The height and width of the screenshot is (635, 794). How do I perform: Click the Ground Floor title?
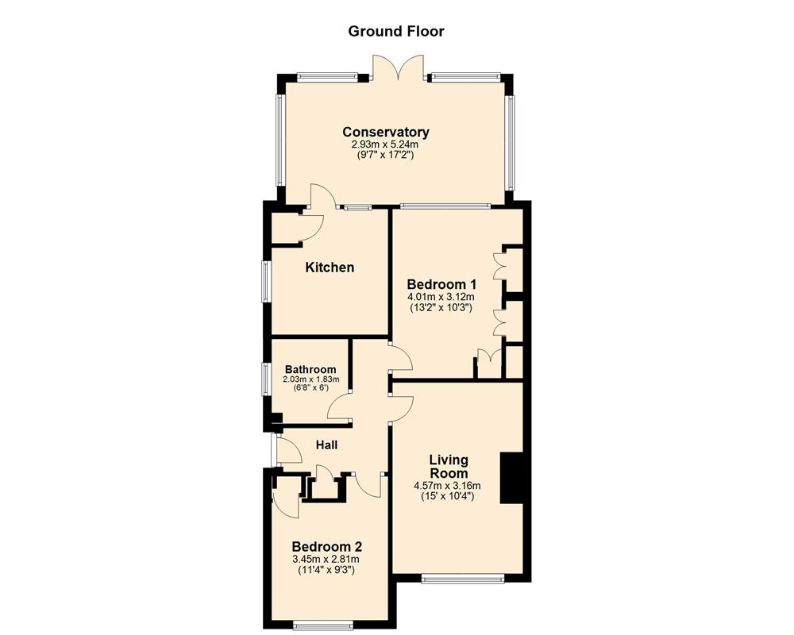coord(396,32)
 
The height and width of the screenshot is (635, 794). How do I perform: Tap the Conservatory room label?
coord(386,133)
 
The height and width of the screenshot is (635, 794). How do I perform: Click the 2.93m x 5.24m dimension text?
coord(385,144)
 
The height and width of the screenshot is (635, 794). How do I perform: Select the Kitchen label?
coord(330,267)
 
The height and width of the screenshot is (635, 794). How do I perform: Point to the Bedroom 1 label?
coord(441,285)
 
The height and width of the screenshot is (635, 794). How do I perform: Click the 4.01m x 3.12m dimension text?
coord(441,297)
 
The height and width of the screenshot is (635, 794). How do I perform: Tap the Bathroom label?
coord(310,370)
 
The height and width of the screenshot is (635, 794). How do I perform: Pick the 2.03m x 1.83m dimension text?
coord(311,379)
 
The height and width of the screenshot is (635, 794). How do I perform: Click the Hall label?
coord(326,445)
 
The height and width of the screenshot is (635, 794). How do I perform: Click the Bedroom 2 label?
coord(327,547)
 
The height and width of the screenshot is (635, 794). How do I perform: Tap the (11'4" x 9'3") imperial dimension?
coord(326,570)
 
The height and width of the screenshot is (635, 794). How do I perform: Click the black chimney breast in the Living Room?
coord(511,478)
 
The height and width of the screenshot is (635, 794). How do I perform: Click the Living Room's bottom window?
coord(464,579)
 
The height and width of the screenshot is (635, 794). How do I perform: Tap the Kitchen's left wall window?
coord(266,282)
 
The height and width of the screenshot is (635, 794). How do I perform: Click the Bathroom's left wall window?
coord(266,379)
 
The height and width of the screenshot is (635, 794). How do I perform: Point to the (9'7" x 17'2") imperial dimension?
coord(385,155)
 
